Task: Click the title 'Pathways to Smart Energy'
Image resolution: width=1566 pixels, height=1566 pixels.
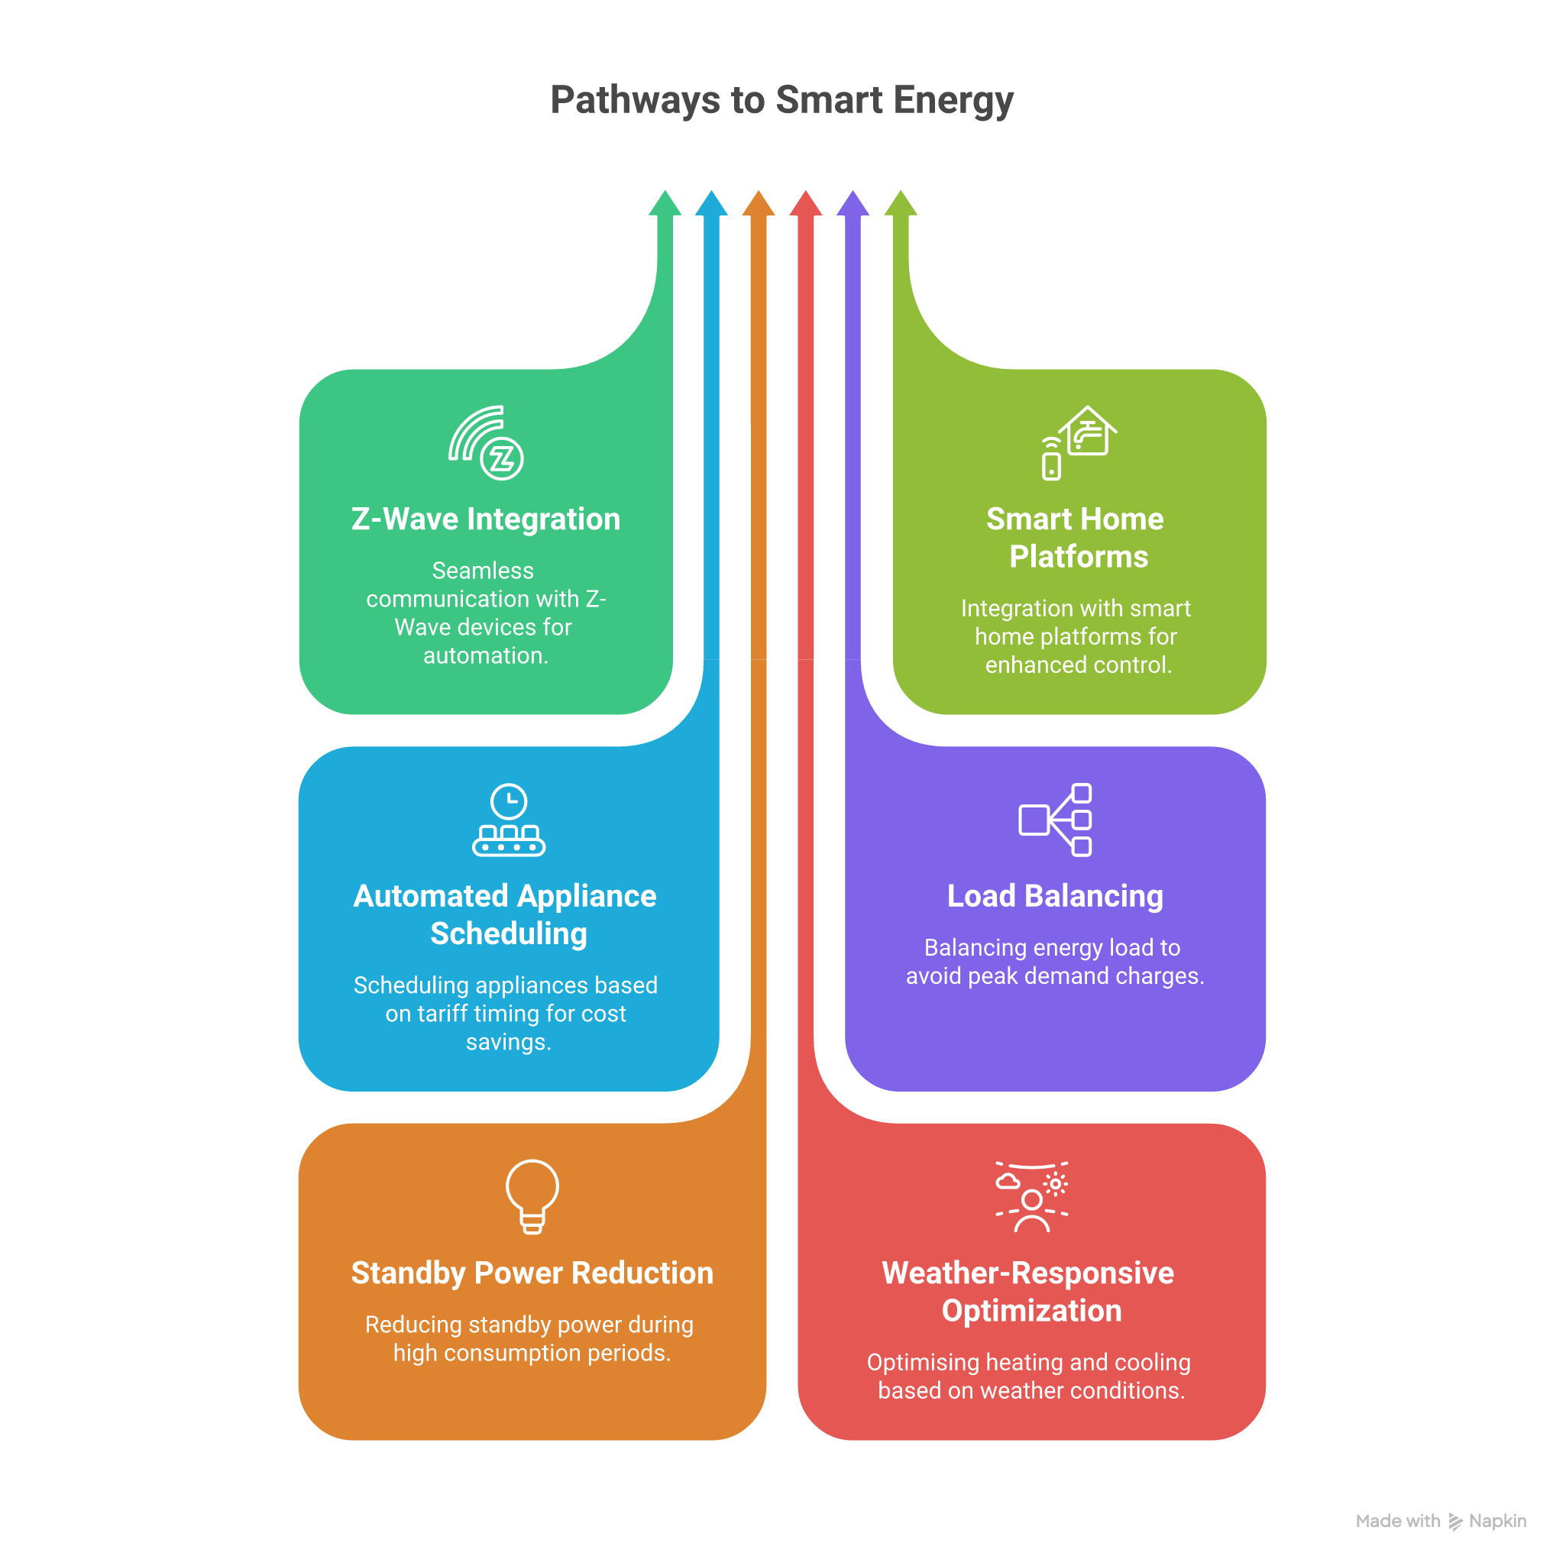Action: (x=782, y=101)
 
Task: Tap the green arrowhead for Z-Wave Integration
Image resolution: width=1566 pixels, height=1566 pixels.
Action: (x=665, y=205)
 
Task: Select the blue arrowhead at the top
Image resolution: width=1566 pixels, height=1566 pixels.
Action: (x=712, y=205)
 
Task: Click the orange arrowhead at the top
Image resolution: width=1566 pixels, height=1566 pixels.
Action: (x=759, y=205)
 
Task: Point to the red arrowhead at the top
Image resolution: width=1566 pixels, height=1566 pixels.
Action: (x=806, y=205)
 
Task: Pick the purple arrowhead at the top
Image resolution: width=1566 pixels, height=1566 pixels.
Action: (x=853, y=205)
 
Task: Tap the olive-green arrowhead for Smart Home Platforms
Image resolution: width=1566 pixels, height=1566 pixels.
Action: (x=901, y=205)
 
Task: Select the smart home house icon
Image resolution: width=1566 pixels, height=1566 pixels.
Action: (x=1079, y=442)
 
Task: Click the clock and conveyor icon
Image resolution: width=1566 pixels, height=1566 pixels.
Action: (x=508, y=820)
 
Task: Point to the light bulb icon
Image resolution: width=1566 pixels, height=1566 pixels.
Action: (x=532, y=1196)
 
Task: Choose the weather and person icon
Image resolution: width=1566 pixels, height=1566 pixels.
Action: (x=1031, y=1196)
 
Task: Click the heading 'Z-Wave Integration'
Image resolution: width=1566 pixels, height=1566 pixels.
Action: (x=486, y=519)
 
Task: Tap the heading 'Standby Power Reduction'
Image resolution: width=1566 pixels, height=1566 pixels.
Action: (x=532, y=1273)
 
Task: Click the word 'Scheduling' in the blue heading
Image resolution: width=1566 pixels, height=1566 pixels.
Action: (x=508, y=933)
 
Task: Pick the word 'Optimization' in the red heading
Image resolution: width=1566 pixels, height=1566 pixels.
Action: (x=1031, y=1311)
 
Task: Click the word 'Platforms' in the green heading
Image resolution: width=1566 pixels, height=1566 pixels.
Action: (x=1078, y=557)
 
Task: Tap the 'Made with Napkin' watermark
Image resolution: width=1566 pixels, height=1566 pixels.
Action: (x=1441, y=1521)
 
